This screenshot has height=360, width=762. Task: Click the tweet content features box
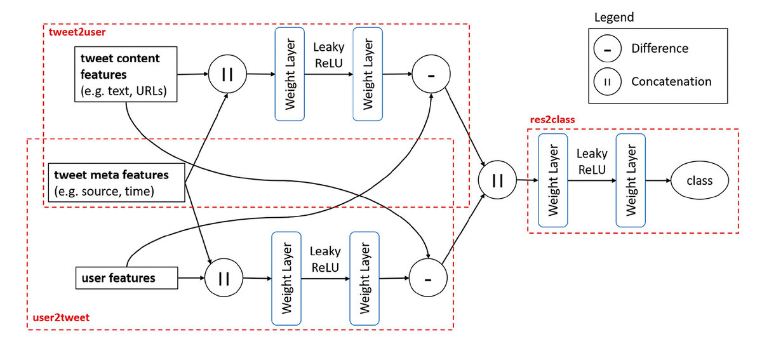(x=124, y=75)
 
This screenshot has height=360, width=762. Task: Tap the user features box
(x=125, y=278)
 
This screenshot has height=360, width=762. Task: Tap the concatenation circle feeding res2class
(x=497, y=181)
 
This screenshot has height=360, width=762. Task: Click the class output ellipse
(x=699, y=181)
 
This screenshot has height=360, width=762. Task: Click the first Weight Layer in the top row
(x=290, y=74)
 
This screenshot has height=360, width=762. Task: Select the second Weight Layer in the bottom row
(x=364, y=278)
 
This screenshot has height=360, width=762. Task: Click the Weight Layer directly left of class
(x=630, y=181)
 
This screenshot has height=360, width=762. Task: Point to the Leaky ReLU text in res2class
(x=591, y=161)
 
